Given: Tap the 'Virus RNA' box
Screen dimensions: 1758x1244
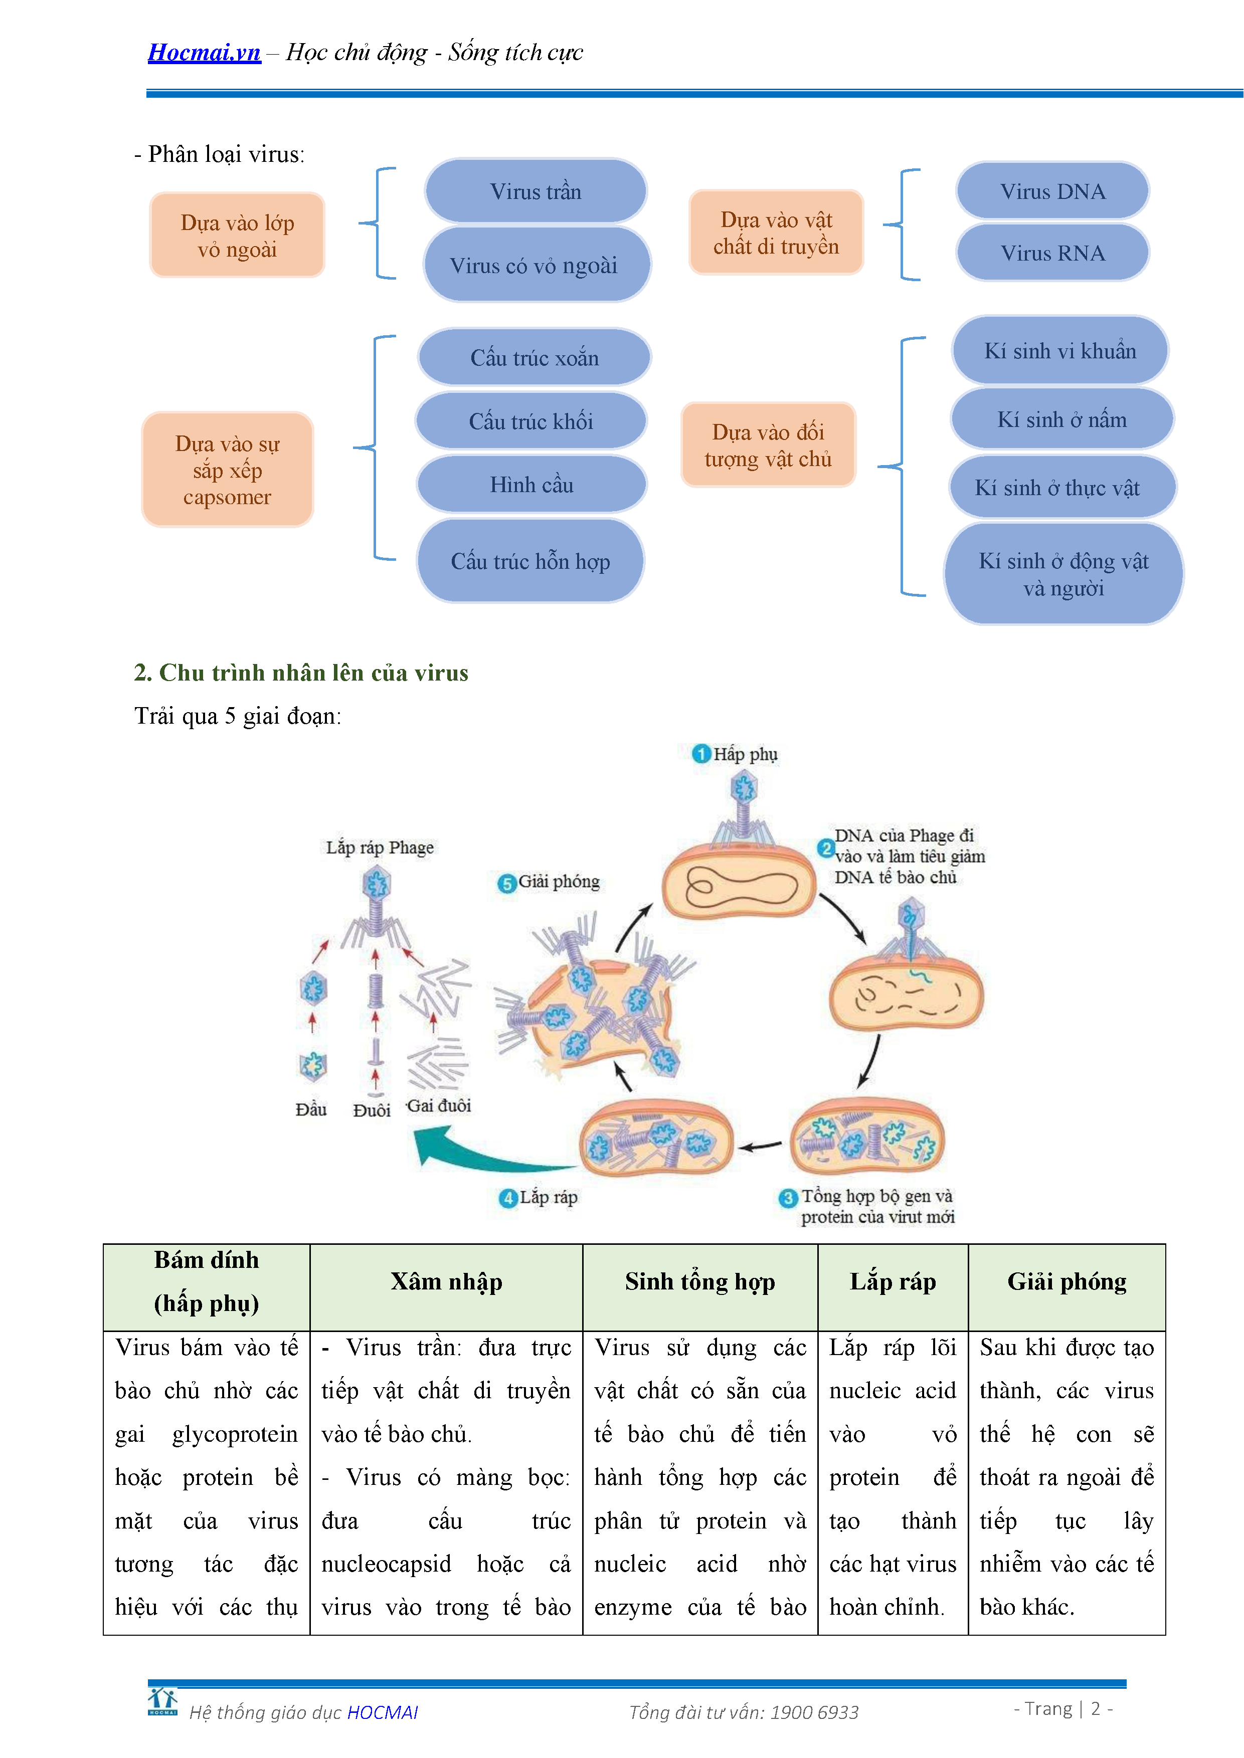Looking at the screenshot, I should (x=1052, y=253).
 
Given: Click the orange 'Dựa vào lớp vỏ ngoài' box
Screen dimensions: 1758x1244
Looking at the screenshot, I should (x=238, y=235).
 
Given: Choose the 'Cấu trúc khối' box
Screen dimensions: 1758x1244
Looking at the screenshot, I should (x=531, y=420).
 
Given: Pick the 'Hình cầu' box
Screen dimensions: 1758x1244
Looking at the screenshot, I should (x=531, y=484).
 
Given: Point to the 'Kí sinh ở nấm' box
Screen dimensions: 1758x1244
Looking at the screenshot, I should (x=1061, y=419).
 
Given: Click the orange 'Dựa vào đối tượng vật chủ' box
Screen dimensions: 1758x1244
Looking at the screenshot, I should (x=768, y=445).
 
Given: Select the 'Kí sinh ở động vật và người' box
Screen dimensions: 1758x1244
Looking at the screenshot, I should (x=1063, y=574).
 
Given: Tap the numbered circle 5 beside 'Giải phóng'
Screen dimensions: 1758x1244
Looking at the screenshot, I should (x=506, y=884).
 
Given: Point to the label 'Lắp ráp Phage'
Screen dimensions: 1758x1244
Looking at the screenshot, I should (x=380, y=847).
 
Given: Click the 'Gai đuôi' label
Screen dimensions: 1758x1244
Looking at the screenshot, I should (x=438, y=1106).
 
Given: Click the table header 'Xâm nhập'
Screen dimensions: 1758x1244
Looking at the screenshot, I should (x=447, y=1282).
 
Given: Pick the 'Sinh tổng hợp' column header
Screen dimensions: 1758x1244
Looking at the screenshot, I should (x=700, y=1282).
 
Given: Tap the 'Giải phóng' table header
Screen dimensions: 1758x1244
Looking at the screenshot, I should (x=1067, y=1282).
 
